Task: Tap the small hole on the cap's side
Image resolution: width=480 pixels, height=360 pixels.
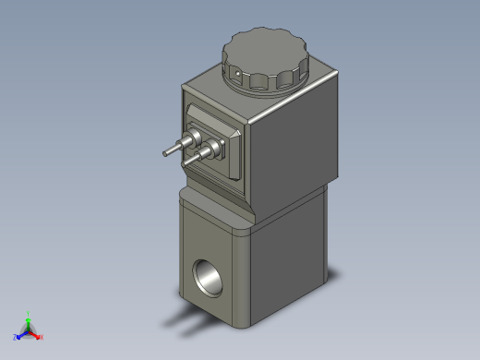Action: pos(237,72)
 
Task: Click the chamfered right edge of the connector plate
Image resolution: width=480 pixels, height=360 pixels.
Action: pos(242,153)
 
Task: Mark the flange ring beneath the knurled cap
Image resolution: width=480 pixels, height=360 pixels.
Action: pos(268,88)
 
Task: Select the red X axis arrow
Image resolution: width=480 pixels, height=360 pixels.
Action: pos(36,334)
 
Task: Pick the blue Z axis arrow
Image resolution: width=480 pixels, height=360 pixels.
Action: pos(21,334)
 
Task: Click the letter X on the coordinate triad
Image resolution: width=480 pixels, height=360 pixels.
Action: pos(42,338)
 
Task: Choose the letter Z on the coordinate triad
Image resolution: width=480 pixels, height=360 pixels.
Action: pos(16,338)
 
